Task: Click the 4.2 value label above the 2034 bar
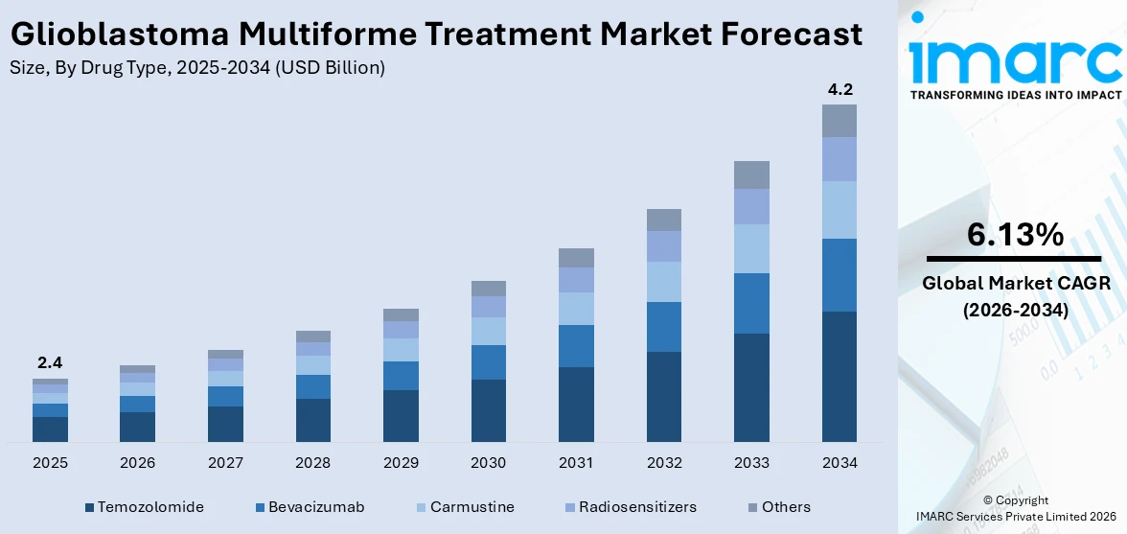click(x=839, y=90)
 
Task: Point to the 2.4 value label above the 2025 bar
click(x=50, y=363)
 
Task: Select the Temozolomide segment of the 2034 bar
click(x=839, y=376)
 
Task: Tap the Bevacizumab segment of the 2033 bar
click(x=751, y=303)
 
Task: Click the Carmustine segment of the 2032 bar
click(x=664, y=282)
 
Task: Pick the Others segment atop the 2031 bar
click(x=576, y=257)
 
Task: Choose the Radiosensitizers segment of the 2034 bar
click(x=839, y=159)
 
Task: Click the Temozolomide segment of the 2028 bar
click(x=313, y=420)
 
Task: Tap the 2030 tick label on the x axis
click(x=488, y=463)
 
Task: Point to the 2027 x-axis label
click(x=225, y=463)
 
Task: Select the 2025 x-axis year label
click(x=50, y=463)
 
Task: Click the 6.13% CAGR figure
click(x=1015, y=235)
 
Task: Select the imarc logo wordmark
click(x=1015, y=60)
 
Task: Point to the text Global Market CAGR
click(x=1015, y=284)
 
